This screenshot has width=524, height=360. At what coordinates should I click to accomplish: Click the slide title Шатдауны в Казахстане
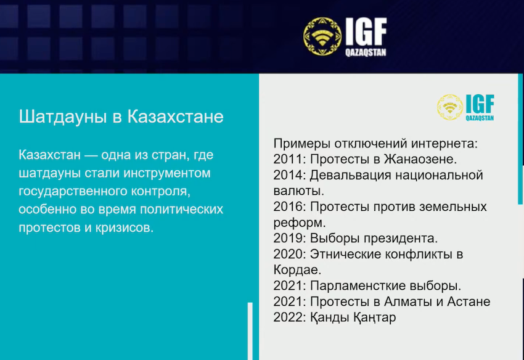(121, 117)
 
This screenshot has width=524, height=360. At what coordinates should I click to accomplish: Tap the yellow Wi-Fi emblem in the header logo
(322, 36)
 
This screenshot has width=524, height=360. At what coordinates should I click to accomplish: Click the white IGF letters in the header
(366, 31)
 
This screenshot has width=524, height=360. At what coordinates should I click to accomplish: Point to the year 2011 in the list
(288, 159)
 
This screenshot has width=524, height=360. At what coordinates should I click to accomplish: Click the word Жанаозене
(420, 159)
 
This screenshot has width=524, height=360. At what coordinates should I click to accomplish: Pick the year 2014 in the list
(288, 175)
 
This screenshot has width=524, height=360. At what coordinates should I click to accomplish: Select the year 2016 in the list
(288, 207)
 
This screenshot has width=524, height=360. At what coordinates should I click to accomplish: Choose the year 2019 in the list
(288, 238)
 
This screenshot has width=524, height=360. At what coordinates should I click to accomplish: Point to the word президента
(401, 239)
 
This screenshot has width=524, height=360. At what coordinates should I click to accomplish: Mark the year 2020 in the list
(288, 254)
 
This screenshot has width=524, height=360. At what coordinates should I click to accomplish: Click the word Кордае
(297, 270)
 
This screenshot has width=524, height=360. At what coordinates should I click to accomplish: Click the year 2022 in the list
(288, 317)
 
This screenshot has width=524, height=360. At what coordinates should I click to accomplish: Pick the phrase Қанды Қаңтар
(353, 317)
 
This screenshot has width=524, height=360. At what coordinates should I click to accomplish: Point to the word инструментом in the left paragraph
(167, 174)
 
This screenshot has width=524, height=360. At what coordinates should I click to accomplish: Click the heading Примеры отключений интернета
(375, 144)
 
